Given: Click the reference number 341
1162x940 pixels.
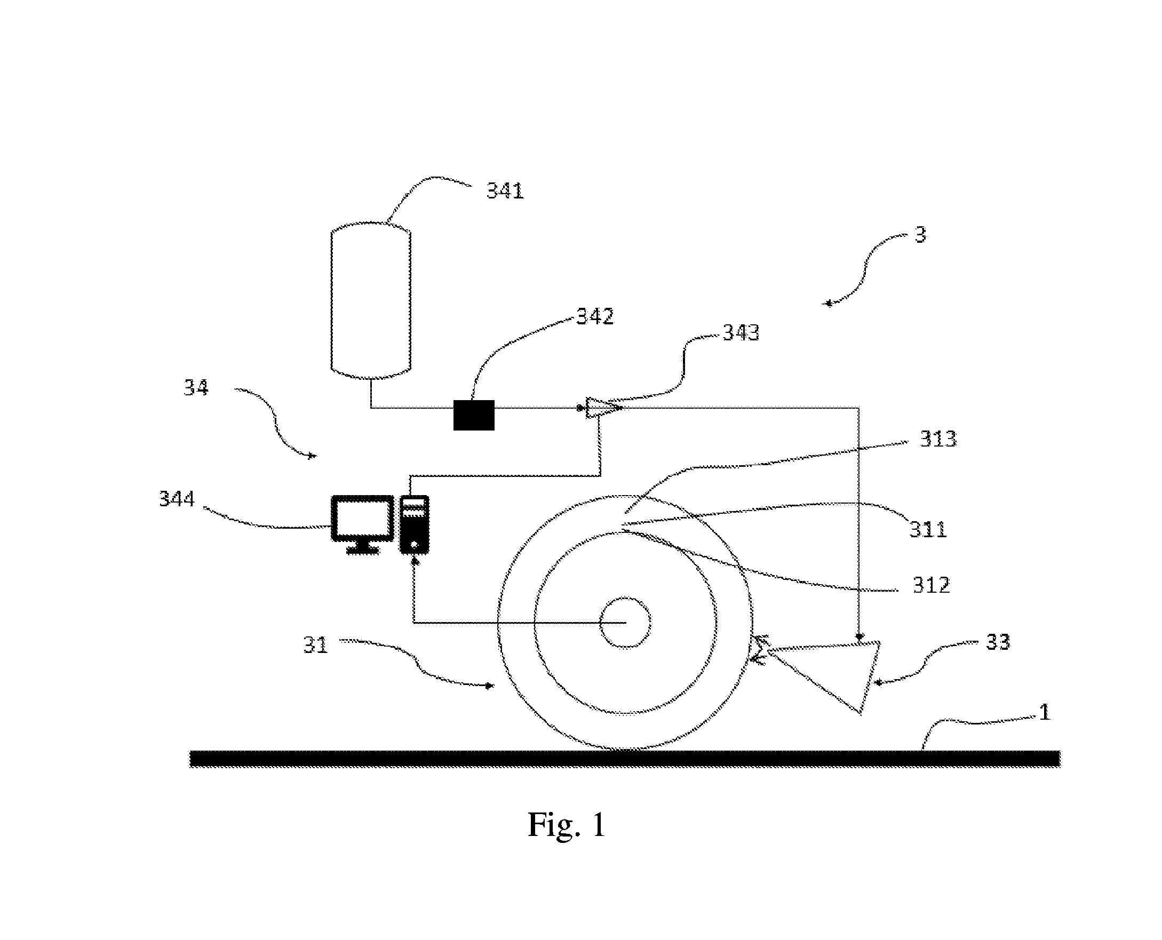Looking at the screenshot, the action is pos(505,190).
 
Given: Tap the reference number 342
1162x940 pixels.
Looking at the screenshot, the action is pos(594,316).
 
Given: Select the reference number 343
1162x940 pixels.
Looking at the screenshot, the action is pos(741,332).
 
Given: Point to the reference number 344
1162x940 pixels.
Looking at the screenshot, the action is pos(177,499).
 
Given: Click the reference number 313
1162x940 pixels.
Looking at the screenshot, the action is pos(938,439).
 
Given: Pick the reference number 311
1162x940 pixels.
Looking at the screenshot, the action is pos(928,529).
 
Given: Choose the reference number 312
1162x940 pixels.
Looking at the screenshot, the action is pos(932,585).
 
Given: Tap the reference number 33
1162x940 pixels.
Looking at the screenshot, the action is pos(997,642).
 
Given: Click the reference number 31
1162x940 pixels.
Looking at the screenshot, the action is pos(315,645).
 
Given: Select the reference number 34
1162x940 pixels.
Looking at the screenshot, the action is pos(195,388).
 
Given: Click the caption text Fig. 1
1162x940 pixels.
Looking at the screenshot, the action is pos(567,824).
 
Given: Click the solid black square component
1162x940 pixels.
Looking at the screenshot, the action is pos(474,415).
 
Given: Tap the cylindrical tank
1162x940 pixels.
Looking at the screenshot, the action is pos(371,300).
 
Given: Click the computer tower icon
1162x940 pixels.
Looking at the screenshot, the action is pos(414,524).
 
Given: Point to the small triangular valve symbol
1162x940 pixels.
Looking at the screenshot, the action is pos(601,408).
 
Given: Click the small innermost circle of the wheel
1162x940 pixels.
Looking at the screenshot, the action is pos(625,623).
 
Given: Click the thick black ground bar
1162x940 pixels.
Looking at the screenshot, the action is pos(625,759).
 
